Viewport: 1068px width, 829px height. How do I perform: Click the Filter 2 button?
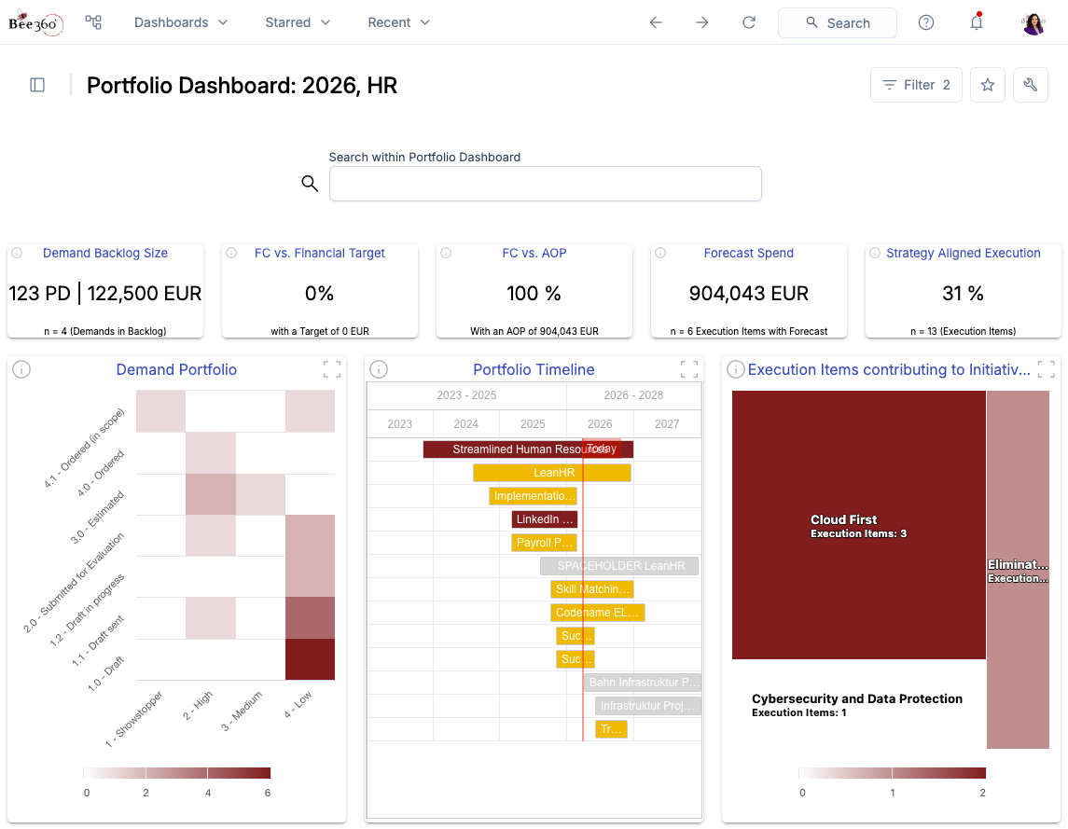click(915, 85)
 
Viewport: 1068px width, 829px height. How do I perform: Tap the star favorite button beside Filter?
click(988, 85)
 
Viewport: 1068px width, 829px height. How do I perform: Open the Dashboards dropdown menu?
click(181, 22)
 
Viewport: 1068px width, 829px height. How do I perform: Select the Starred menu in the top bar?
click(298, 22)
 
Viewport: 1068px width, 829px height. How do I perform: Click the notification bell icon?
click(977, 22)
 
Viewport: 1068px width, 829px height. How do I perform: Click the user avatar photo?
click(1033, 23)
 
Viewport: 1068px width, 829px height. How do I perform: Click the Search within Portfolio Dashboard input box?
click(545, 184)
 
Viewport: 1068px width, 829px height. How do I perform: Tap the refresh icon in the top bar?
click(749, 22)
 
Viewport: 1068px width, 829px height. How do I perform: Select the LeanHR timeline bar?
click(552, 473)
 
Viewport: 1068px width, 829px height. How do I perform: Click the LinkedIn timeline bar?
click(545, 519)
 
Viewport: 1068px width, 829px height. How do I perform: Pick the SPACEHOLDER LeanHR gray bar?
click(619, 566)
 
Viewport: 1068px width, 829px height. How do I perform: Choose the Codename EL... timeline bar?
click(597, 613)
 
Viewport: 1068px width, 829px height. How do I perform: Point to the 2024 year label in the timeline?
click(465, 423)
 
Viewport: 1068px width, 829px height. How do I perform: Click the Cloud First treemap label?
click(843, 520)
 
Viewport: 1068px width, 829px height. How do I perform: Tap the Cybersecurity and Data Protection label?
click(856, 699)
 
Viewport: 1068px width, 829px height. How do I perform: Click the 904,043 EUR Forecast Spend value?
click(749, 294)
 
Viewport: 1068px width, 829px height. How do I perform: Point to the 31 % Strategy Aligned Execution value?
click(963, 294)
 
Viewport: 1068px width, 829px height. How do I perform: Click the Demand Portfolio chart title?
click(176, 370)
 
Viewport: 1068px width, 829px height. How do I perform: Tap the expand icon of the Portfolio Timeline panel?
click(688, 369)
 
